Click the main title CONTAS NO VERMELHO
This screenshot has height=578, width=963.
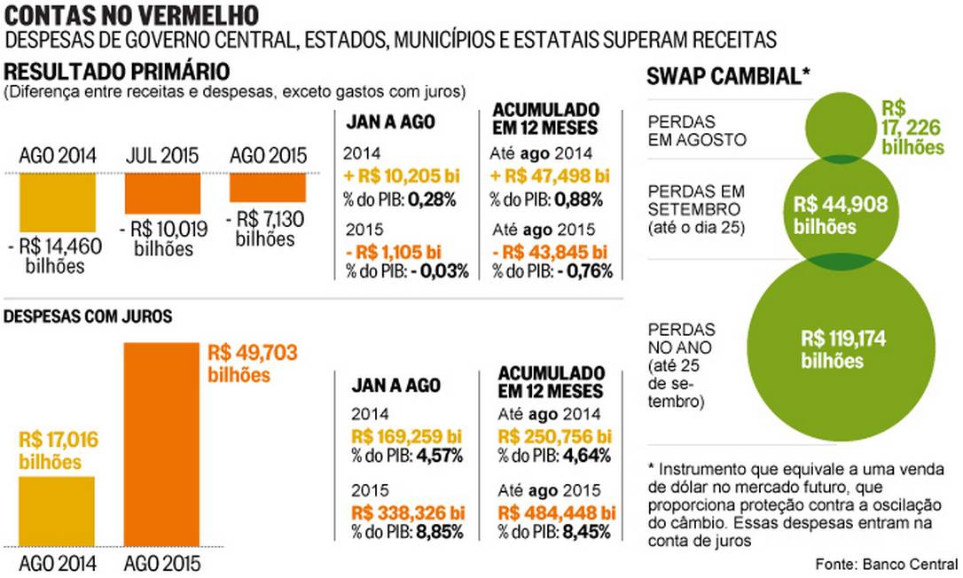point(133,15)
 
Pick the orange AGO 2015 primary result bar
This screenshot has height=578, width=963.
point(268,187)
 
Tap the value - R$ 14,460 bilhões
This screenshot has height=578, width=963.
point(55,255)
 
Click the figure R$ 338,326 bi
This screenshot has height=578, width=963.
point(407,512)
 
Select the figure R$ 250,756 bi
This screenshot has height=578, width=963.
point(554,435)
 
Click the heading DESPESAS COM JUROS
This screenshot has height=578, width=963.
point(89,316)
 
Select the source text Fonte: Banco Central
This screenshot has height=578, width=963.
point(887,564)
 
